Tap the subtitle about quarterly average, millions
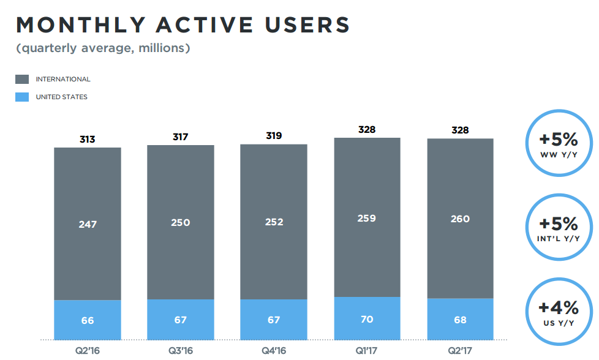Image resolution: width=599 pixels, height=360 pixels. pos(103,48)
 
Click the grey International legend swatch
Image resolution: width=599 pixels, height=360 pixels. pos(22,79)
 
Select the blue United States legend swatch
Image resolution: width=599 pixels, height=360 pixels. pos(22,97)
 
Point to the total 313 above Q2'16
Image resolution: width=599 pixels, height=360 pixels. pos(88,139)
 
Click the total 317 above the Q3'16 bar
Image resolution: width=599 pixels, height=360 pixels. pos(180,137)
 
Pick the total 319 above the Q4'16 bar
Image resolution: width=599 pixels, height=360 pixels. pos(274,135)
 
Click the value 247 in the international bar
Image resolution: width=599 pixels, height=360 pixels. pos(88,225)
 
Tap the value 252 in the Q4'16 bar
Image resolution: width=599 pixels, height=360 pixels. pos(274,222)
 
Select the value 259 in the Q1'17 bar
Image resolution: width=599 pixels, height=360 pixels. pos(367,218)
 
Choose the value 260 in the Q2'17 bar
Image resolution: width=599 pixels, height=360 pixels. pos(460,219)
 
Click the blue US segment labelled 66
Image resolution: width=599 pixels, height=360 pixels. pos(88,320)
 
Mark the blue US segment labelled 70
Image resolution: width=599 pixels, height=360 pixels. pos(367,318)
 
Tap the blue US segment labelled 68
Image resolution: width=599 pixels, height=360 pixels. pos(460,319)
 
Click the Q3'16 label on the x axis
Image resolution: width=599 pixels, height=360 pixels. pos(180,351)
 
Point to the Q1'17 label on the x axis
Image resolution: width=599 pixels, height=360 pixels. pos(367,351)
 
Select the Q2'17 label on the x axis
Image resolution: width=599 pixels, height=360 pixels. pos(460,351)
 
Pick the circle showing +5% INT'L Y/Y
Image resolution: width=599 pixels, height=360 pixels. pos(558,227)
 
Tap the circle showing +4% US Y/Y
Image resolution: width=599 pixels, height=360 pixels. pos(558,311)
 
